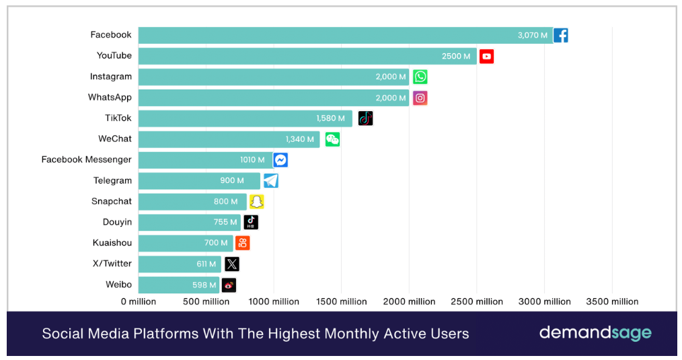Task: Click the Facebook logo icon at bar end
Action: (x=560, y=35)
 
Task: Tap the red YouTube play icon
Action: (x=486, y=56)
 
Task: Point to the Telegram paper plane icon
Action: (x=270, y=180)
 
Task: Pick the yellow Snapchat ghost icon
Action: (x=256, y=201)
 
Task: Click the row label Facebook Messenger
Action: (x=87, y=159)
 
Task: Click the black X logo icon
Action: (x=231, y=264)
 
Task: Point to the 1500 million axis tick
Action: (x=341, y=301)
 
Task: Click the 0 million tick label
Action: (x=139, y=301)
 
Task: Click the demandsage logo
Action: (x=595, y=333)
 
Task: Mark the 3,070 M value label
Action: (x=533, y=35)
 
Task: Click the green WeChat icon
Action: (x=332, y=139)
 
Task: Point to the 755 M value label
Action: (x=225, y=222)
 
